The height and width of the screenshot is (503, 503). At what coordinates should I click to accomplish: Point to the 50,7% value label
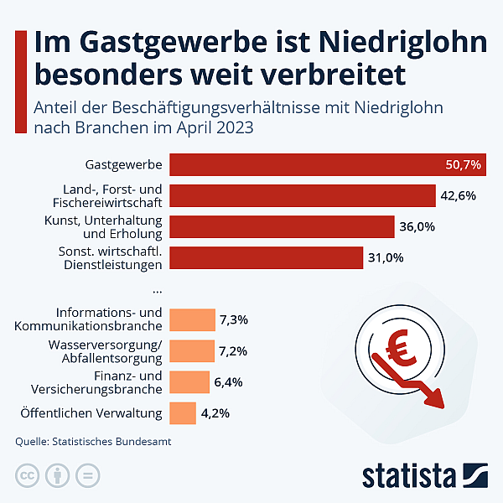click(463, 165)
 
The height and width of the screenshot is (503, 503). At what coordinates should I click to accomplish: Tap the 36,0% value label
click(417, 227)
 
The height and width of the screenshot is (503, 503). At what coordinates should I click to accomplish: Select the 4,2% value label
click(215, 413)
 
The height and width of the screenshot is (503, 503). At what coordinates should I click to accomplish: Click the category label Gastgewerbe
click(124, 165)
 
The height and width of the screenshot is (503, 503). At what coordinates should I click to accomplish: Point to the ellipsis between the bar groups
click(158, 288)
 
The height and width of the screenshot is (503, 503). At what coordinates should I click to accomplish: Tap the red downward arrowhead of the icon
click(435, 396)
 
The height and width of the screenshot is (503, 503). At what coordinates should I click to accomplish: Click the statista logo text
click(407, 475)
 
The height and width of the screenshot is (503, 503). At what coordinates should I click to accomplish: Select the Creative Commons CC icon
click(28, 476)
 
